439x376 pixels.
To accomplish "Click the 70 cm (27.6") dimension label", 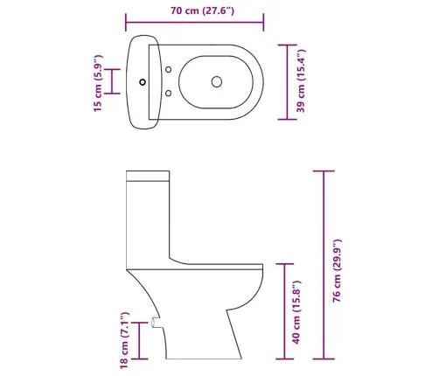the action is coord(202,10).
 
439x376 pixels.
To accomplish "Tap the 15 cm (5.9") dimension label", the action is coord(98,83).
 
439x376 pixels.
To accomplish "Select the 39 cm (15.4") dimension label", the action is coord(301,81).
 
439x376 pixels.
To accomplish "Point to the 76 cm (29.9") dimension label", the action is coord(337,271).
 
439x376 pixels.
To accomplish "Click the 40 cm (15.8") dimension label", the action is coord(296,312).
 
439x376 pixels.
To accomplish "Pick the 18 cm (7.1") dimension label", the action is coord(124,340).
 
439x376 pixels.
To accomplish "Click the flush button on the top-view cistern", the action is coord(143,82).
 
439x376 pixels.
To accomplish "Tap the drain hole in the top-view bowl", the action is coord(217,82).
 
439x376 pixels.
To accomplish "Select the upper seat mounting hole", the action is coord(168,70).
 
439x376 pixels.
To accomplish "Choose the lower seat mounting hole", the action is coord(168,94).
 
